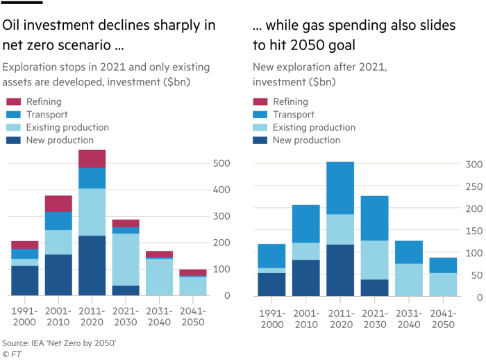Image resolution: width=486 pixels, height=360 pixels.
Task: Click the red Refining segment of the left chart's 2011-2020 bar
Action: click(92, 158)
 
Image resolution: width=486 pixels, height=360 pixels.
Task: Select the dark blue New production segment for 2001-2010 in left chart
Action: click(59, 275)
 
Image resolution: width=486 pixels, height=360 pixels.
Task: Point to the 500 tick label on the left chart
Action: click(221, 163)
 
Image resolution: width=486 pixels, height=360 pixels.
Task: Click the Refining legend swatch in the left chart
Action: click(14, 102)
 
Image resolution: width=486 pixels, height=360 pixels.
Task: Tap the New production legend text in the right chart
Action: click(306, 140)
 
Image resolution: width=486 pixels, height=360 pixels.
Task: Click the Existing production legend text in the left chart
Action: click(67, 127)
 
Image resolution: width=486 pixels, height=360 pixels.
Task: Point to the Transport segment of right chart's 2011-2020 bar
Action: click(340, 188)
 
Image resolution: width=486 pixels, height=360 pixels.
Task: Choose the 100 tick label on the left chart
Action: click(221, 269)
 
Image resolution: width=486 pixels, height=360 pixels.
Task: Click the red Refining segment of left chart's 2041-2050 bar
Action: click(193, 272)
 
